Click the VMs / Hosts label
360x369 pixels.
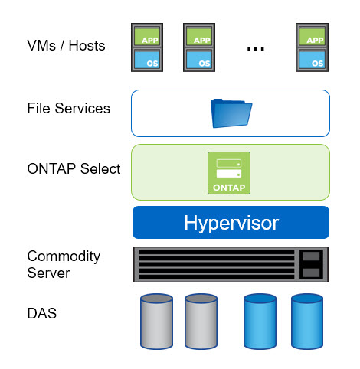tap(66, 46)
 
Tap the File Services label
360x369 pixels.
tap(69, 108)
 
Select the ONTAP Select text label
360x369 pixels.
tap(74, 168)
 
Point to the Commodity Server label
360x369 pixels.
tap(64, 264)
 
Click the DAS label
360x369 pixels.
tap(42, 313)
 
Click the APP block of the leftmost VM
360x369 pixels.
tap(147, 36)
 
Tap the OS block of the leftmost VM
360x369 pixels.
tap(147, 60)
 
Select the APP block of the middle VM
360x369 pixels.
tap(199, 36)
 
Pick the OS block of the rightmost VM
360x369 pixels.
tap(312, 60)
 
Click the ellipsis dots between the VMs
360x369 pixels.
tap(256, 48)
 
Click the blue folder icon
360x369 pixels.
tap(231, 113)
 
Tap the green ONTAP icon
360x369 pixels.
tap(229, 173)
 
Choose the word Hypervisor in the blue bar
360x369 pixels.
tap(231, 223)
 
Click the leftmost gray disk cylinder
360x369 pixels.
tap(156, 322)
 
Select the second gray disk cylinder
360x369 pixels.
tap(201, 322)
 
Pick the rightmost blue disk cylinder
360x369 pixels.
tap(307, 322)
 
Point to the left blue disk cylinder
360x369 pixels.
tap(260, 322)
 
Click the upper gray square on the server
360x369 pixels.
tap(311, 256)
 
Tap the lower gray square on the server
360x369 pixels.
tap(311, 273)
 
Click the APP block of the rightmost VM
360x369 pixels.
tap(312, 36)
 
